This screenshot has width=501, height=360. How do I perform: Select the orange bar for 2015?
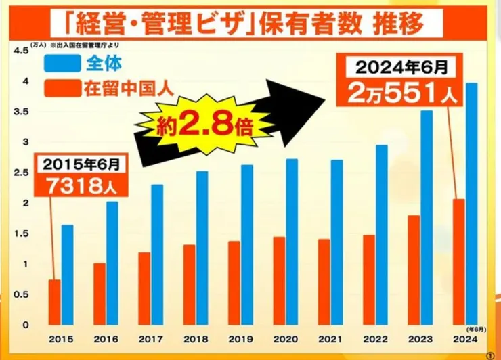coord(55,302)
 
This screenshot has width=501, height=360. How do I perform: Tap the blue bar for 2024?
coord(471,204)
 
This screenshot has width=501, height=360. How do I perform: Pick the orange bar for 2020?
coord(280,280)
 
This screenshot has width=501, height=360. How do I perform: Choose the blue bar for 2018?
coord(202,248)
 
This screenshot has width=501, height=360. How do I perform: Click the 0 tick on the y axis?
coord(24,324)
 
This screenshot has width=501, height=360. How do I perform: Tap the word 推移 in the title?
coord(397,24)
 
